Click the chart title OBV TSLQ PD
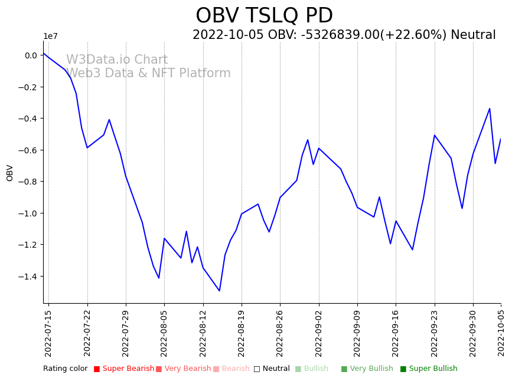click(264, 16)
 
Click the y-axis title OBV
click(10, 173)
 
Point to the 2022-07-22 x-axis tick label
click(87, 333)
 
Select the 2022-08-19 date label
click(242, 333)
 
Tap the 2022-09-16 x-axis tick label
click(396, 333)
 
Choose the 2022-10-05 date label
click(501, 333)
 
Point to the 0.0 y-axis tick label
click(31, 55)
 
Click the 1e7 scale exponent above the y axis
click(51, 37)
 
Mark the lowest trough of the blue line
click(219, 291)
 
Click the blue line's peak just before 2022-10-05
click(490, 109)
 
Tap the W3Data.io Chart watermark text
click(117, 60)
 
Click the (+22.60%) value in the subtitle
click(420, 35)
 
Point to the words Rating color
click(65, 369)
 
